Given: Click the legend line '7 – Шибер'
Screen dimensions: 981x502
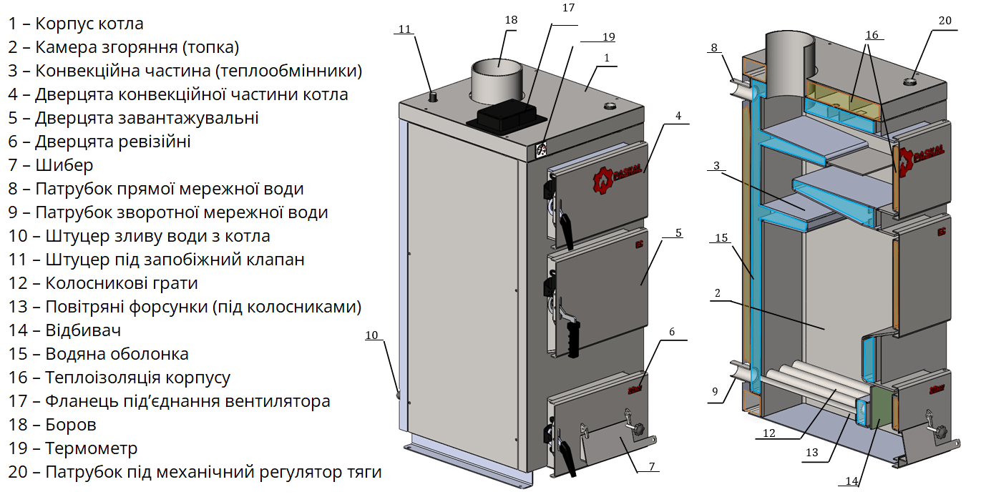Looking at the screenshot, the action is click(x=51, y=165).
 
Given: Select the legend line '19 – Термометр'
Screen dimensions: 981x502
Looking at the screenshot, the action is click(x=73, y=448).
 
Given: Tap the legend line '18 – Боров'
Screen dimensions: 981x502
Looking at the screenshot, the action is click(x=52, y=425).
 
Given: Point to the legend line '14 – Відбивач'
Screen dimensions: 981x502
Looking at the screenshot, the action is click(x=64, y=330).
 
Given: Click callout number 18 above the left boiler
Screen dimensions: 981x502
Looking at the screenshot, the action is click(x=511, y=20).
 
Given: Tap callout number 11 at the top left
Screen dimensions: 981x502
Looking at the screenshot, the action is click(x=404, y=29).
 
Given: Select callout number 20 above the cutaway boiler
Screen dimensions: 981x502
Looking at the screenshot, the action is click(x=945, y=21).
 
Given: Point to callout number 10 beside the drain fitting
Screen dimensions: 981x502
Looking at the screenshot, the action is click(x=371, y=335).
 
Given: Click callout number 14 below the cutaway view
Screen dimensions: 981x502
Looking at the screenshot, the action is click(x=851, y=481).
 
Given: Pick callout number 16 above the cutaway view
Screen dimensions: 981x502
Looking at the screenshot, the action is click(x=872, y=35).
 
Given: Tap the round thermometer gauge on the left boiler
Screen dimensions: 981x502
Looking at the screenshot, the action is click(x=541, y=149).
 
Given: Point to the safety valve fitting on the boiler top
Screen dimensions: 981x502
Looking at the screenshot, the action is click(x=433, y=97).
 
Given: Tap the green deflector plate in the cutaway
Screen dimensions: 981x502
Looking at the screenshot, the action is click(x=880, y=408).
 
